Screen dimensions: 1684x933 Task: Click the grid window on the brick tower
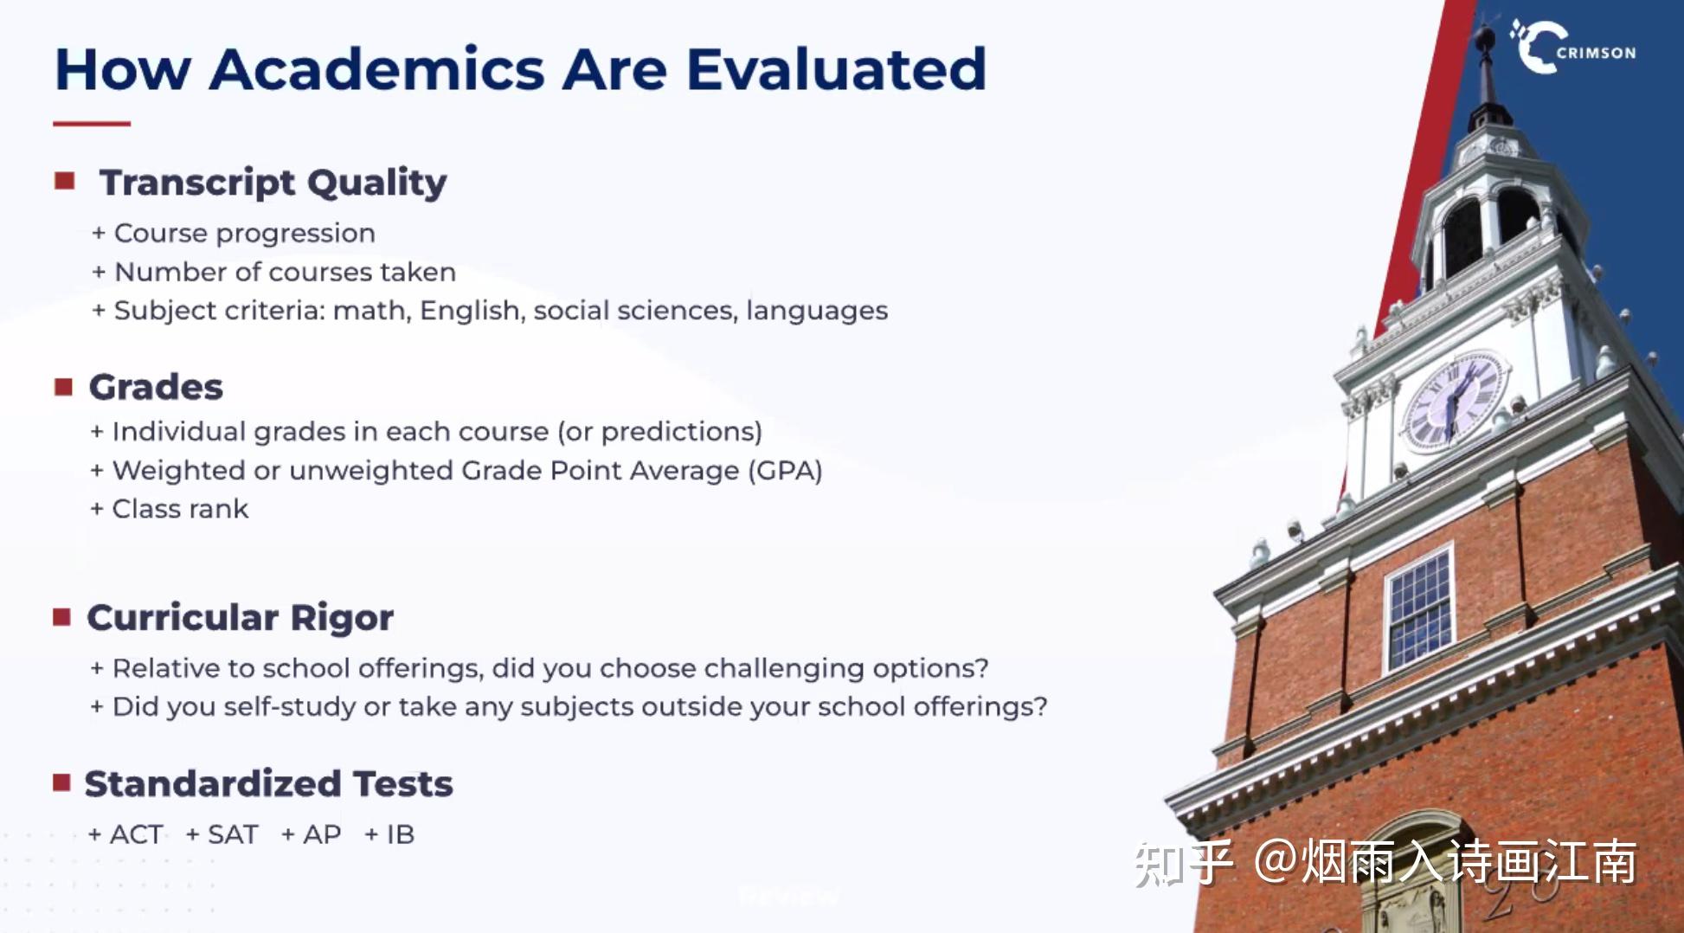click(1419, 609)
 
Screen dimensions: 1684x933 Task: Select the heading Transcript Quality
click(273, 183)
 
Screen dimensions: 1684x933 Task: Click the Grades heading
click(156, 387)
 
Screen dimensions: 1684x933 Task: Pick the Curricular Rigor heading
click(240, 617)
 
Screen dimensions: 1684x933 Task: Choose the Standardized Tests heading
click(268, 783)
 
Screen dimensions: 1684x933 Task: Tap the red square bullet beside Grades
click(63, 386)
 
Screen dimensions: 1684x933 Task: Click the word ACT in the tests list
click(136, 834)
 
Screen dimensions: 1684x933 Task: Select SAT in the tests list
click(233, 834)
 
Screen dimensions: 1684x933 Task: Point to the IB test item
click(400, 834)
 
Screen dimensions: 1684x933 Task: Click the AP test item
click(322, 834)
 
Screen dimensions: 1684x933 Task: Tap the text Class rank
click(180, 509)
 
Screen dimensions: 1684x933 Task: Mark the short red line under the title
click(92, 124)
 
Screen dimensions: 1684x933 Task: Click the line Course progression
click(244, 234)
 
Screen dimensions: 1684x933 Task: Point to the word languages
click(817, 310)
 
